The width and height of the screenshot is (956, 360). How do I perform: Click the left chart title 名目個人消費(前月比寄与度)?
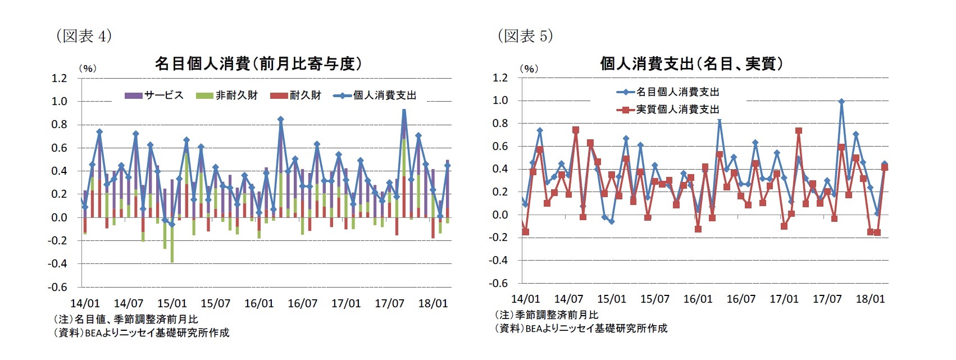258,63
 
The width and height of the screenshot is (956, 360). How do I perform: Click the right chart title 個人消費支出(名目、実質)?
691,63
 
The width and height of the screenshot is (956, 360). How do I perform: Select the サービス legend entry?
154,95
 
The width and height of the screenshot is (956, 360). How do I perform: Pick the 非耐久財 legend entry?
227,95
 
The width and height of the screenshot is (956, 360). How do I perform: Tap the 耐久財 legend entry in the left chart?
296,95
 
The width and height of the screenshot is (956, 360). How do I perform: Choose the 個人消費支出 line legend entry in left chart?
375,95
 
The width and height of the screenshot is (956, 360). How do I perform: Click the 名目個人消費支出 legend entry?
668,92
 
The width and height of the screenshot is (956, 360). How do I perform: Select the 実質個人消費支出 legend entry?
668,109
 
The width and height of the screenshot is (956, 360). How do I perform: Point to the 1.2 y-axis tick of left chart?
59,78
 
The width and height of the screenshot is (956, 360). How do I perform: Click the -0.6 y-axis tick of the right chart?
499,283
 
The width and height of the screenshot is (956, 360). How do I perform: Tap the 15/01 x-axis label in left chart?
172,303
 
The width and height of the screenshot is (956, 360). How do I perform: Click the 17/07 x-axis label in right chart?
827,299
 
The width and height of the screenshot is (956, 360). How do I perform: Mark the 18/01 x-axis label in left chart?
433,303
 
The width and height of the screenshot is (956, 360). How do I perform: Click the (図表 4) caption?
84,36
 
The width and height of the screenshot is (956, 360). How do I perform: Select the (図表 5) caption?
525,36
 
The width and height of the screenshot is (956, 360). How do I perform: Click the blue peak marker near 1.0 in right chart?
841,102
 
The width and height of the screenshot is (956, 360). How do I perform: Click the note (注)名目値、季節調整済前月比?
126,319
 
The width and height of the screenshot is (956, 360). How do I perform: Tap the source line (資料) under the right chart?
581,328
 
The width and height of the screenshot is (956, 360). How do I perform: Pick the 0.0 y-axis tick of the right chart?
500,215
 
